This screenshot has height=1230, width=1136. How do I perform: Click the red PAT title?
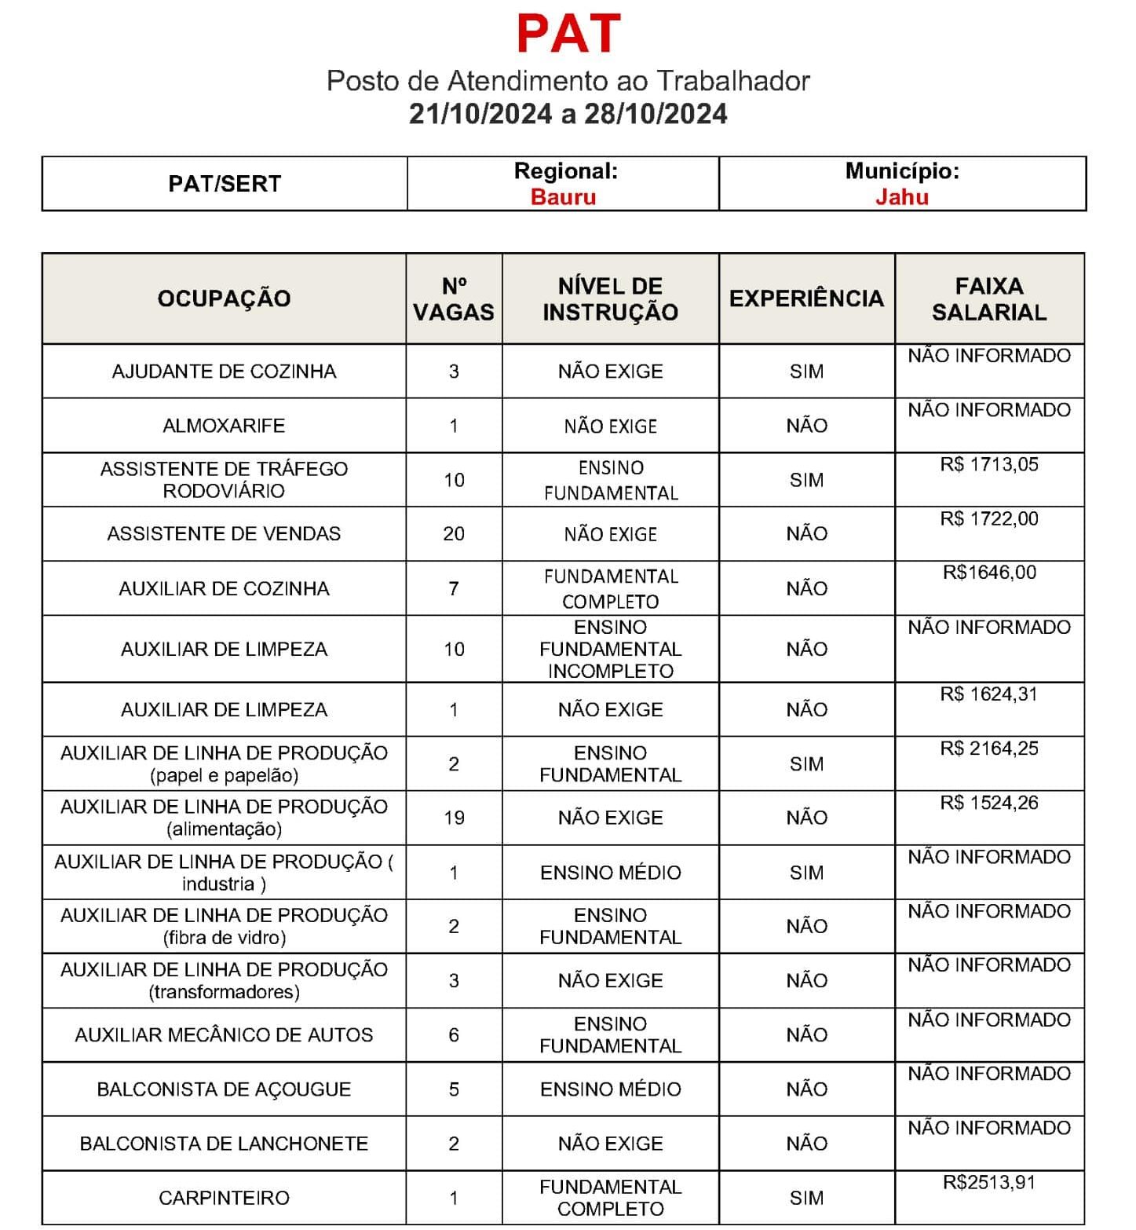pos(568,33)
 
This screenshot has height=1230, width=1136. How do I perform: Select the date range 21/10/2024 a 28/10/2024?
pos(568,114)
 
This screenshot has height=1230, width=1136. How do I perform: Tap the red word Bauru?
pos(563,196)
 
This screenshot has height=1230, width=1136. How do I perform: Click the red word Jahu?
pos(902,196)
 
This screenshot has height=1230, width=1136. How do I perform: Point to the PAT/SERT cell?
pos(225,184)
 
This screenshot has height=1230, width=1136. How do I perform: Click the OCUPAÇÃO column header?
pos(224,298)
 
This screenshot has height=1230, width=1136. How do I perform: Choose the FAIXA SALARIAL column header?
pos(989,298)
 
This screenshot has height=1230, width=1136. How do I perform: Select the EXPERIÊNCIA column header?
pos(806,298)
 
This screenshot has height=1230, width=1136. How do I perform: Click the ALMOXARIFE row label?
pos(224,426)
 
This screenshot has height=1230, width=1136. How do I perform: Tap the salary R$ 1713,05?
pos(989,464)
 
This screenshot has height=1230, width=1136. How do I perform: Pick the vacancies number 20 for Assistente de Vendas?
pos(454,534)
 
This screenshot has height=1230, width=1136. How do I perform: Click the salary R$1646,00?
pos(989,573)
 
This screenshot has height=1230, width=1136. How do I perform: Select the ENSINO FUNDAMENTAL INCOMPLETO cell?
pos(610,649)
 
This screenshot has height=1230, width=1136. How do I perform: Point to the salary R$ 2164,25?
pos(989,749)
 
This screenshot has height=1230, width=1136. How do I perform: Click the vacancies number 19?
pos(454,818)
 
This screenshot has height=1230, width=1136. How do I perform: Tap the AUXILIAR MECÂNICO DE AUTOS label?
pos(224,1035)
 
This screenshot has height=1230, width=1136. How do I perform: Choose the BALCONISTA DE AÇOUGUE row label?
pos(224,1089)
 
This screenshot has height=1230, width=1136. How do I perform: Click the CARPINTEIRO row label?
pos(224,1198)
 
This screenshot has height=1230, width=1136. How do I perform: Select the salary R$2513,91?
pos(989,1182)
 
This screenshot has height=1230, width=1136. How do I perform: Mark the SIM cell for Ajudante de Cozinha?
pos(806,372)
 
